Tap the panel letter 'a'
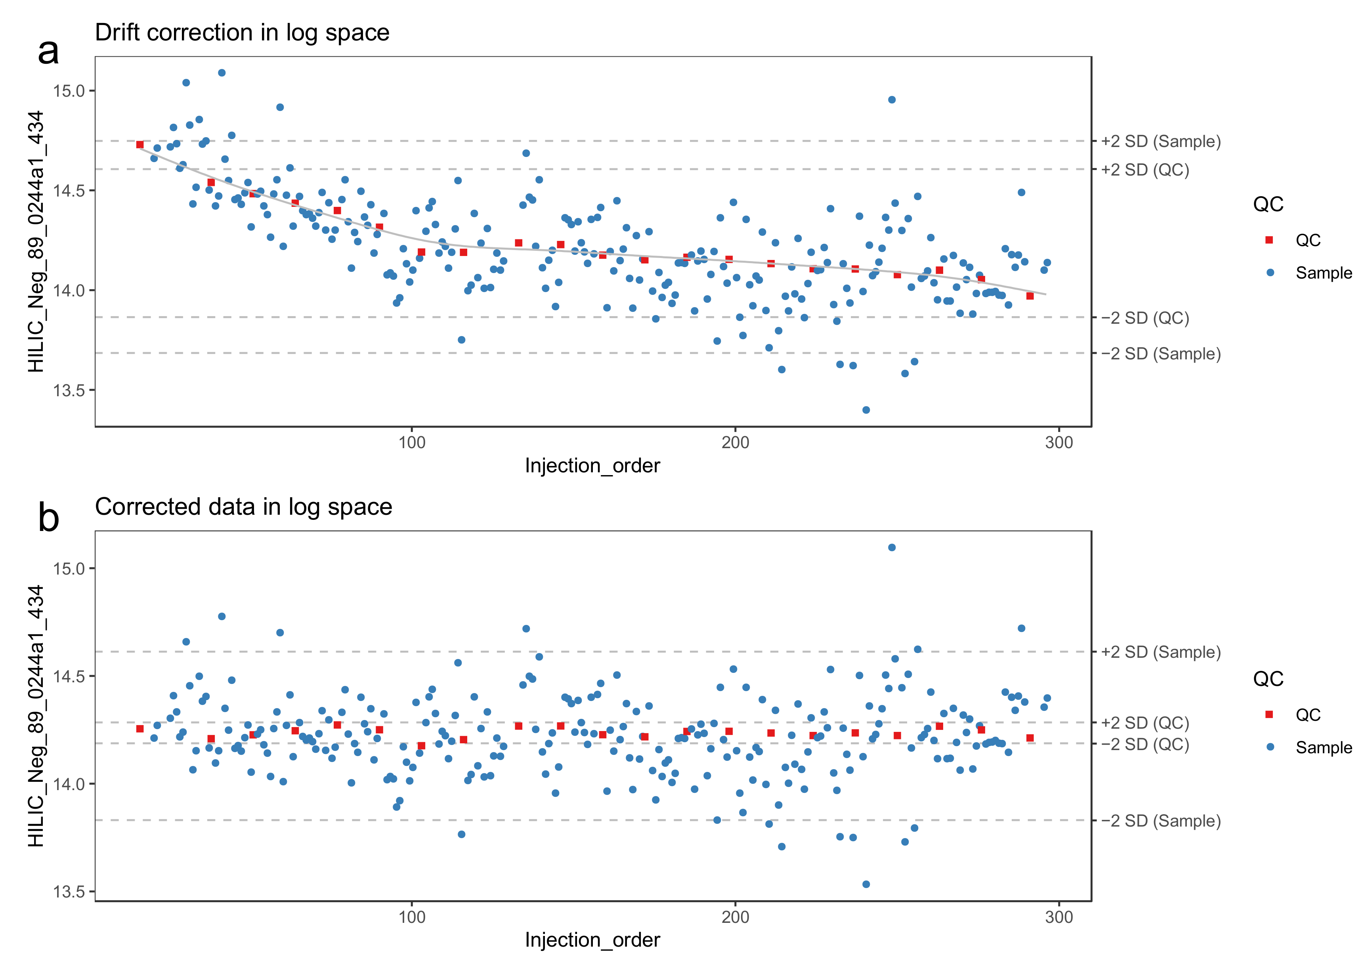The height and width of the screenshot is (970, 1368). [x=48, y=52]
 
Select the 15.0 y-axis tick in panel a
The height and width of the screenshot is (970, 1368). [x=69, y=91]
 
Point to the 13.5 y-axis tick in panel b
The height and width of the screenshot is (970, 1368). [x=69, y=892]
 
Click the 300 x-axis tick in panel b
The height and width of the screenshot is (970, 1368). [x=1058, y=917]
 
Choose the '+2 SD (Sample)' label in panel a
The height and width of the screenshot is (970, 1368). [x=1161, y=141]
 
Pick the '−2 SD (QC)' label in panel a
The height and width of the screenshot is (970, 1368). [x=1145, y=318]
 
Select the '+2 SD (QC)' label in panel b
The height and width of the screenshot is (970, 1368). [x=1145, y=723]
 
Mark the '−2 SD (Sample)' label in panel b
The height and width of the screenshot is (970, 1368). [x=1161, y=821]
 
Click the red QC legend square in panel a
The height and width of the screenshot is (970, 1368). [x=1269, y=240]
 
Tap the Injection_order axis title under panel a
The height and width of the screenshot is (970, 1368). [x=592, y=465]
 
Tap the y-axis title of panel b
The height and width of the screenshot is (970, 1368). [x=36, y=716]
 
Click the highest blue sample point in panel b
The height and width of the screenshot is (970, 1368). [x=891, y=547]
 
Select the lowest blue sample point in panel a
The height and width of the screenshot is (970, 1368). [x=866, y=410]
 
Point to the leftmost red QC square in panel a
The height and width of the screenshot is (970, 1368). [x=140, y=145]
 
